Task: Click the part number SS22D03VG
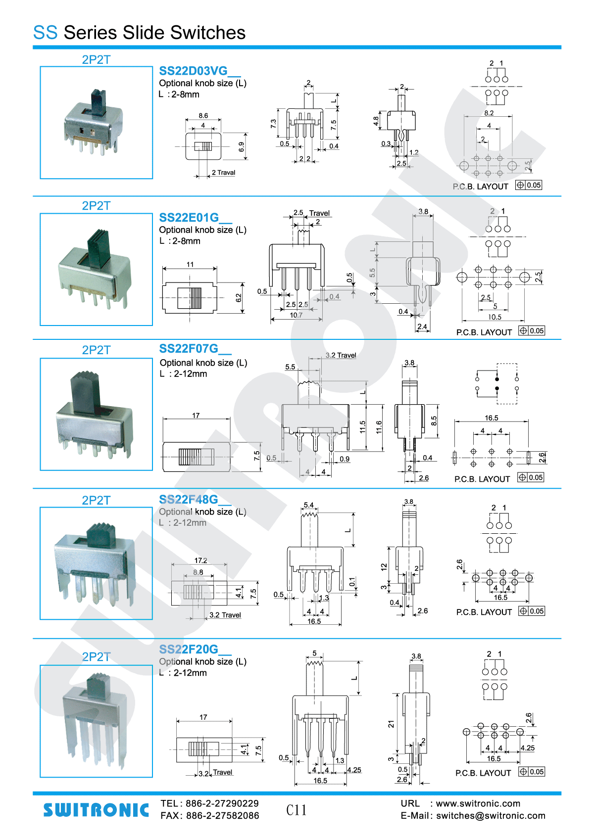193,71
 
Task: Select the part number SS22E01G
189,218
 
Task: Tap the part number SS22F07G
189,348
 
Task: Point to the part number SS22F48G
189,499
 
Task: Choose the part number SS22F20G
189,649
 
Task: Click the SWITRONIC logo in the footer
96,810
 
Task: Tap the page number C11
297,810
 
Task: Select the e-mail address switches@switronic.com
491,816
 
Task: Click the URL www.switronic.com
478,803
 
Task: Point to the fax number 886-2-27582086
223,816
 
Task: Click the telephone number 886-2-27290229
222,803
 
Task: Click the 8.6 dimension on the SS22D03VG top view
203,115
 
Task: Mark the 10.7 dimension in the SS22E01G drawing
296,315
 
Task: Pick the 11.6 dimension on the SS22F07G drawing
379,427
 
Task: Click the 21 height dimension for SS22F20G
391,724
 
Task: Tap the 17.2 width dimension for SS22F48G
201,560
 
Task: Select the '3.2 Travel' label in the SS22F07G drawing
341,355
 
